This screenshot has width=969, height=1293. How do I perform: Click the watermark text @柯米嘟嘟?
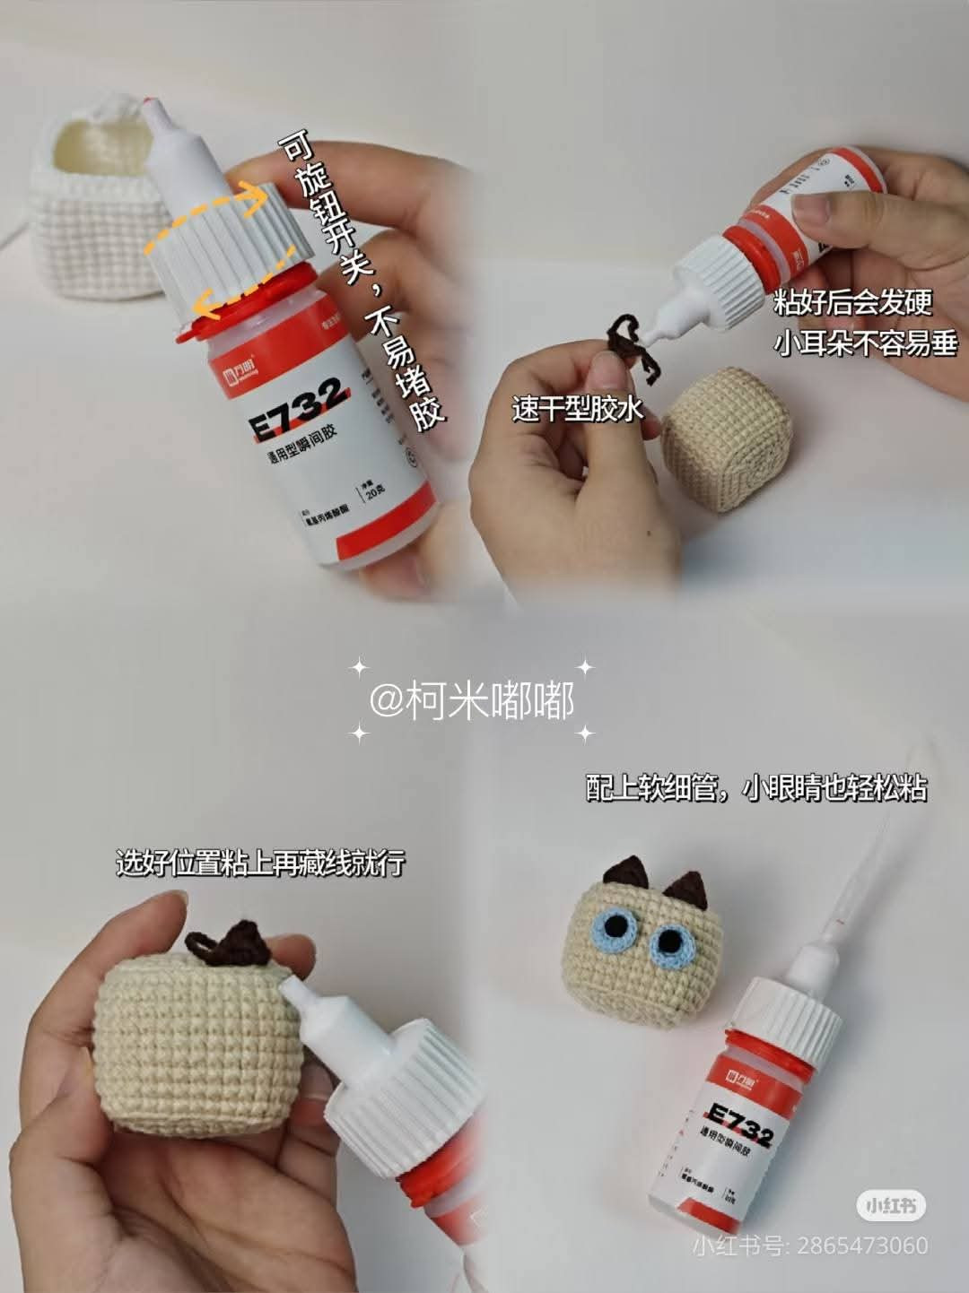click(x=472, y=700)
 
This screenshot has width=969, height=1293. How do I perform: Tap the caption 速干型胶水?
click(x=578, y=410)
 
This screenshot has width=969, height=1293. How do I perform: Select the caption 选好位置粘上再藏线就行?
click(x=260, y=863)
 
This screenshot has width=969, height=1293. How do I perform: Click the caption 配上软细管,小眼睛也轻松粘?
click(x=755, y=788)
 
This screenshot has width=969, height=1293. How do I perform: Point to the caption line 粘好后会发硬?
click(x=852, y=303)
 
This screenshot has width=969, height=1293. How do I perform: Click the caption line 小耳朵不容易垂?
click(x=866, y=343)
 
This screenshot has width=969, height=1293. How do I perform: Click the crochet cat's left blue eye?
click(x=617, y=929)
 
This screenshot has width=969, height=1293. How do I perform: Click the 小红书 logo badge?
click(x=890, y=1206)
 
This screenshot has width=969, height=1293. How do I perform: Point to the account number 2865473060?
click(x=861, y=1245)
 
